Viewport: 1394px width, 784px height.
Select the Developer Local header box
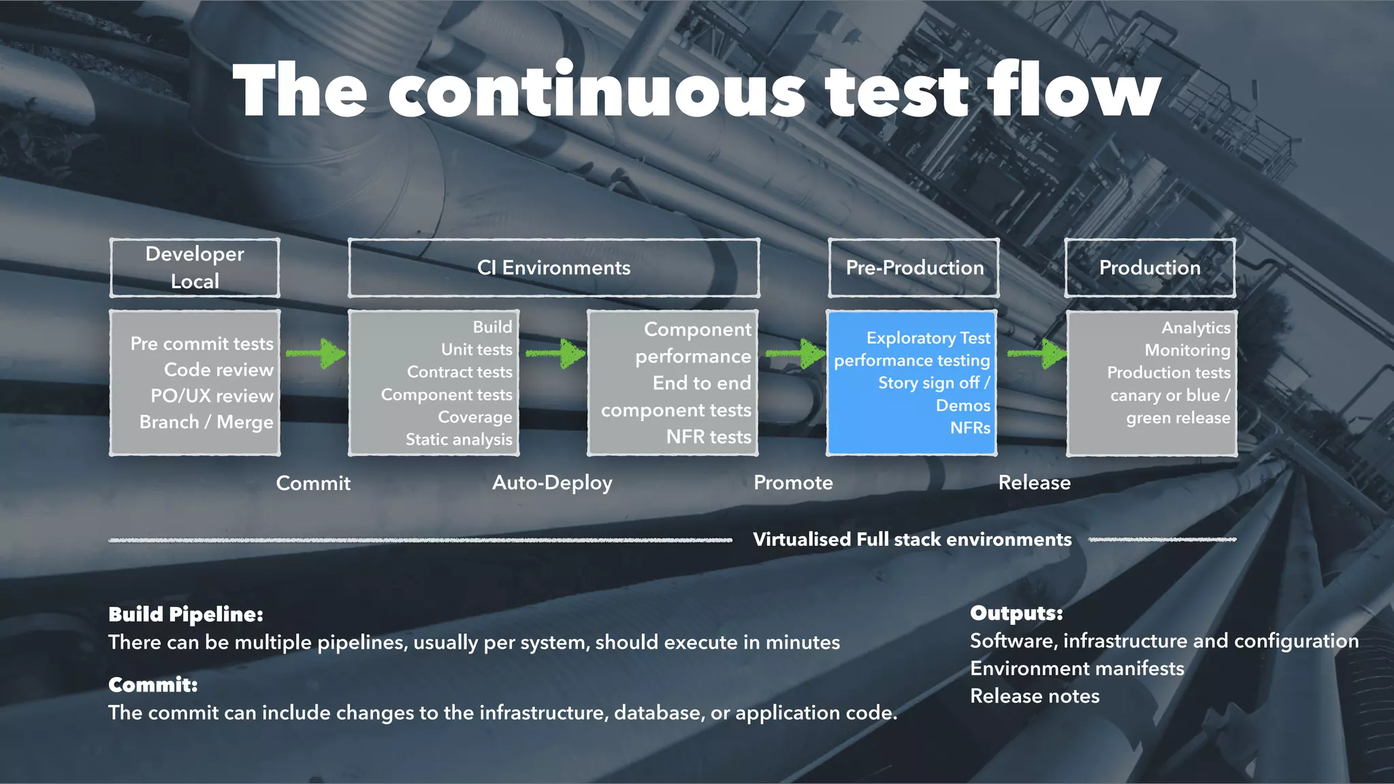[195, 267]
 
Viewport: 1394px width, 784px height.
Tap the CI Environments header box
[553, 267]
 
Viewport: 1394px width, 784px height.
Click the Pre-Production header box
[914, 267]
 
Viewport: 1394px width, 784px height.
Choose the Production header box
[1150, 267]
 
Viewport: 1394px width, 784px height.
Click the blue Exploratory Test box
[911, 382]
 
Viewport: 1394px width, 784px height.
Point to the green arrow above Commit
[317, 353]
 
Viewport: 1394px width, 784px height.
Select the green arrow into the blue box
[796, 353]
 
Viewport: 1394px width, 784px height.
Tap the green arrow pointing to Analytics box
[1037, 353]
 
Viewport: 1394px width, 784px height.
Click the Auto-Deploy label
[552, 483]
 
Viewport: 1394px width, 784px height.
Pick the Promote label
[793, 483]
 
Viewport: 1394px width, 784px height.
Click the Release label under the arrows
[1034, 483]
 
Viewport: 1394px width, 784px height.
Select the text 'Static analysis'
[459, 440]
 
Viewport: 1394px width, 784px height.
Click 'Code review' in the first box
[218, 370]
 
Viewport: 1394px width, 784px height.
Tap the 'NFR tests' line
[709, 437]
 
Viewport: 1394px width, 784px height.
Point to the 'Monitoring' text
[1187, 350]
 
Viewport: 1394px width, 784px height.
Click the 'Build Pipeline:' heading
[186, 614]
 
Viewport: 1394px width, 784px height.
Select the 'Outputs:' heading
[1016, 613]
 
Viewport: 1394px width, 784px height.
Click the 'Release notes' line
[1035, 696]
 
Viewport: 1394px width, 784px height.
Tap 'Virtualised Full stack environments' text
[912, 540]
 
